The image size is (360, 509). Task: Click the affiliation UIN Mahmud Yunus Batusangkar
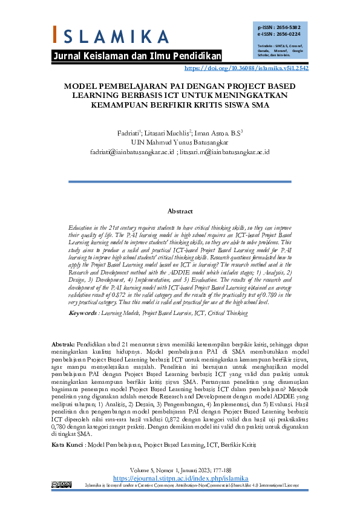[x=180, y=143]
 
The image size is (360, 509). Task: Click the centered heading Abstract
[x=180, y=211]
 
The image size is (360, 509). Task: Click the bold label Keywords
[x=82, y=313]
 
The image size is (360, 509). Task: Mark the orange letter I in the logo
[x=56, y=34]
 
